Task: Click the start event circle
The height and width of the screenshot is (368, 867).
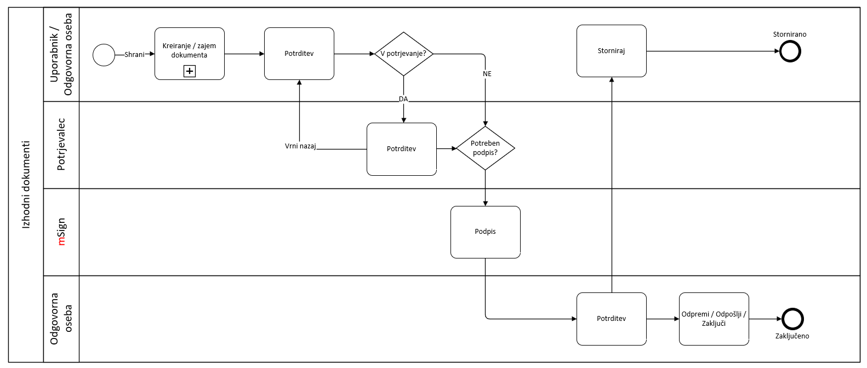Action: tap(104, 55)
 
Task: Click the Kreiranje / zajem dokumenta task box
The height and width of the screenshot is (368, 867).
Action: tap(189, 53)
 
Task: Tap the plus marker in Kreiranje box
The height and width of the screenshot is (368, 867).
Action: tap(190, 71)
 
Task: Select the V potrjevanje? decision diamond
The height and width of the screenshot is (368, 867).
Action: tap(403, 54)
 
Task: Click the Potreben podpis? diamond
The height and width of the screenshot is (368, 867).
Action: tap(485, 148)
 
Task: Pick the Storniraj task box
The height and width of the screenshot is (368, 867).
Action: tap(611, 50)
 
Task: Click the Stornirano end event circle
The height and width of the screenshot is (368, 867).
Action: tap(790, 51)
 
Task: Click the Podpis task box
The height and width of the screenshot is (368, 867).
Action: tap(485, 232)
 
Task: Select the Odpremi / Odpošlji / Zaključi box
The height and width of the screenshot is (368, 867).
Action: tap(714, 319)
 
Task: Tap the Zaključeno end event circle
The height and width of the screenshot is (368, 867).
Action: tap(792, 319)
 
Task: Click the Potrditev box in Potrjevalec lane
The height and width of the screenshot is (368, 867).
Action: tap(401, 149)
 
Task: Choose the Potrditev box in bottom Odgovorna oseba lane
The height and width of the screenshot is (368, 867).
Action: tap(611, 319)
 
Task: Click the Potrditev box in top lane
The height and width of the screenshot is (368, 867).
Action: tap(299, 54)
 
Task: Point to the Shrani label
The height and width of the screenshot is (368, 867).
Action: tap(134, 55)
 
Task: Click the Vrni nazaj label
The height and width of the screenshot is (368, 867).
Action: tap(300, 146)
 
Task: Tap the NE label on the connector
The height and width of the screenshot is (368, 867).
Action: tap(487, 74)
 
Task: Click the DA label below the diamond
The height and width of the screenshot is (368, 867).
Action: tap(403, 99)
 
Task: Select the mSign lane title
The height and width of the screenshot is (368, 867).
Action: tap(61, 232)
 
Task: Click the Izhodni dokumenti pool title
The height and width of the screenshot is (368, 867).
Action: tap(26, 185)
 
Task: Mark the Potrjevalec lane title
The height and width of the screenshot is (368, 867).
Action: tap(61, 145)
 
